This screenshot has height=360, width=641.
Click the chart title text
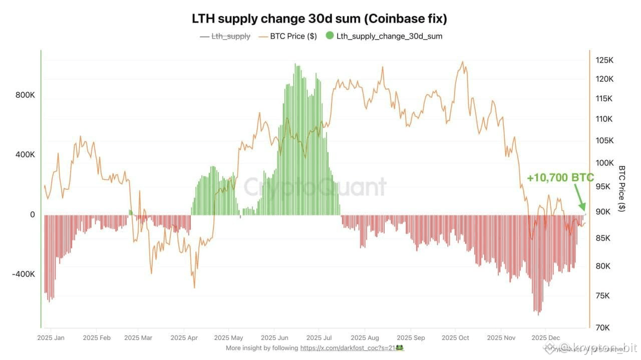319,19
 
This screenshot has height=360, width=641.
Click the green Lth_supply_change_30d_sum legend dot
330,36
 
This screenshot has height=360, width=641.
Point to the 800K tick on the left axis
26,95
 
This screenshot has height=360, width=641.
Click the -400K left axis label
24,274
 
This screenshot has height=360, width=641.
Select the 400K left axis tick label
26,155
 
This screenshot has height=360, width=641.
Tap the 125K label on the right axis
605,61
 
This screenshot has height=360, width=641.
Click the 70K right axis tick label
603,327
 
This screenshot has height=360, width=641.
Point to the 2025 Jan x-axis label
51,338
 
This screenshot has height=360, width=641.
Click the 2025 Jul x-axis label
319,338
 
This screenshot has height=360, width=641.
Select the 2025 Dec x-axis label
546,338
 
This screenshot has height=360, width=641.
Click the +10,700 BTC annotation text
560,178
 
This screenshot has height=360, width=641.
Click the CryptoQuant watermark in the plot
315,187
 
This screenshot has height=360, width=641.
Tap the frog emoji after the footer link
400,347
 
